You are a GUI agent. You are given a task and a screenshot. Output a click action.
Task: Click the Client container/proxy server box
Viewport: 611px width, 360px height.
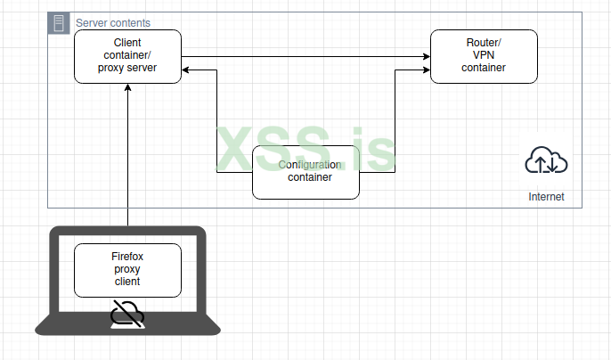[x=127, y=55]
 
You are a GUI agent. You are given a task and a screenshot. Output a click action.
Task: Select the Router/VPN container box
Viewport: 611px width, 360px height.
[x=484, y=55]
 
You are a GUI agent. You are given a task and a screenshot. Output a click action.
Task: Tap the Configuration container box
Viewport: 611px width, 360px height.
[x=305, y=172]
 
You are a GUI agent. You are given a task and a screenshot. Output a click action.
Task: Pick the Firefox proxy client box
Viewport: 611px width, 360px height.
[x=127, y=269]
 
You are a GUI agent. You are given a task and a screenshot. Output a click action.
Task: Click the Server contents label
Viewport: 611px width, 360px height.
[x=113, y=22]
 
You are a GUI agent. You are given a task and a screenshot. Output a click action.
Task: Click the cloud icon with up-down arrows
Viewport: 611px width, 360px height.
[x=546, y=161]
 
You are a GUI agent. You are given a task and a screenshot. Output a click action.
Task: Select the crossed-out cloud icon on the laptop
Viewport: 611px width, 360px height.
[x=127, y=313]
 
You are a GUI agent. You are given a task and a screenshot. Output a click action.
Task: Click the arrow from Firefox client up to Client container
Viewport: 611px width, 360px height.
[x=128, y=160]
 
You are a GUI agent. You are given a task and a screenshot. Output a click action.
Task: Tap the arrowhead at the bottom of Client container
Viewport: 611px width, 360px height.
[x=128, y=87]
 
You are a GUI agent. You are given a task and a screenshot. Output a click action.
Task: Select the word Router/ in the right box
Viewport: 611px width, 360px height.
[x=484, y=43]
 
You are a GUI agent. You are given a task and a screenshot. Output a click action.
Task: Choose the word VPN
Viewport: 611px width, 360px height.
[x=484, y=55]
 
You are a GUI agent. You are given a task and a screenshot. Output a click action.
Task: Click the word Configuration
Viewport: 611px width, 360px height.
[x=309, y=165]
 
